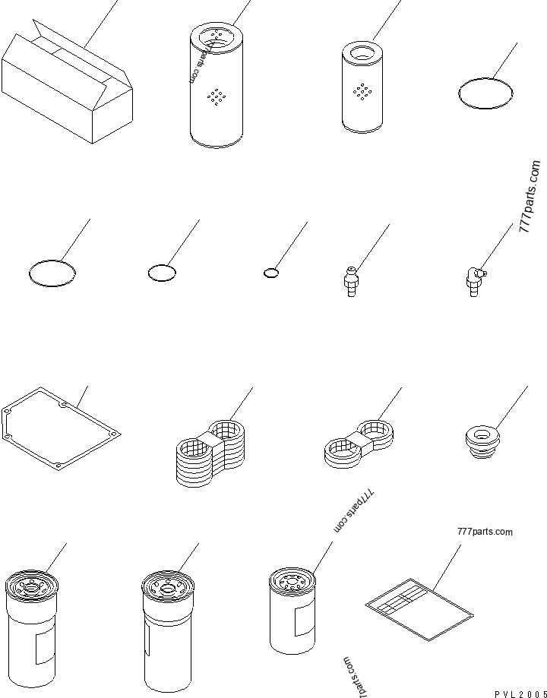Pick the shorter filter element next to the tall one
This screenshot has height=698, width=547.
click(x=365, y=87)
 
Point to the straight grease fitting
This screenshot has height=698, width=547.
click(x=350, y=281)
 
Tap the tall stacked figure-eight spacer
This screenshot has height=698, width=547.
click(x=210, y=454)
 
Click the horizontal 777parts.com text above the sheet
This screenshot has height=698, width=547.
click(x=485, y=532)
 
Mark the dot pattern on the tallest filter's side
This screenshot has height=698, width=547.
click(x=218, y=96)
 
